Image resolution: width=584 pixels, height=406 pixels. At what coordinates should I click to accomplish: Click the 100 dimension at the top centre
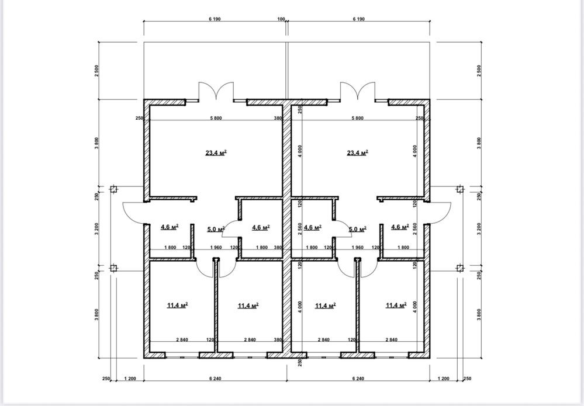(x=281, y=19)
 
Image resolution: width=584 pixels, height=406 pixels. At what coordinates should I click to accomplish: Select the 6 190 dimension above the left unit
(x=215, y=19)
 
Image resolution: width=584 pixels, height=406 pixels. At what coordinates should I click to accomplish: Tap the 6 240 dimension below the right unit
(x=358, y=379)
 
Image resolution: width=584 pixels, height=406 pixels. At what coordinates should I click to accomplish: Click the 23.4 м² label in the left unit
(x=216, y=152)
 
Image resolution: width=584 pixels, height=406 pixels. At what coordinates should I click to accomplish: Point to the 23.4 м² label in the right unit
(x=358, y=152)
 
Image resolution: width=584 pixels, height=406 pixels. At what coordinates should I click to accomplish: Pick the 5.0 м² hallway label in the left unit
(x=216, y=229)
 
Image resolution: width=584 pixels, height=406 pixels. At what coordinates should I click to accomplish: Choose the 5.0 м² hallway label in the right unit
(x=358, y=229)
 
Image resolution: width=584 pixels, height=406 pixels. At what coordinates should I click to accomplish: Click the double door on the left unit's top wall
(x=216, y=91)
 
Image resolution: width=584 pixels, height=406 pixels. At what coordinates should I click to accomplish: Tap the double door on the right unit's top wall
(x=358, y=91)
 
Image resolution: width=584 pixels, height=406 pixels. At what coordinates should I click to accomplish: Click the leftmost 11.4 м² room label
(x=177, y=306)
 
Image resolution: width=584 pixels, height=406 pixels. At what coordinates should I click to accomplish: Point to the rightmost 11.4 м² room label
(x=396, y=306)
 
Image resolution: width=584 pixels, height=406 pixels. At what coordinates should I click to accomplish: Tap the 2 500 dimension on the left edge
(x=97, y=71)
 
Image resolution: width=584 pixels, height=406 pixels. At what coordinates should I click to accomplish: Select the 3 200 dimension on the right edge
(x=479, y=228)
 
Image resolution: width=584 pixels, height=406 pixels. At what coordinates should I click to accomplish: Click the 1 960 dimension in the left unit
(x=216, y=248)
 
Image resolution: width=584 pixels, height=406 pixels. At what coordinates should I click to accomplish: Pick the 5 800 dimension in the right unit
(x=358, y=119)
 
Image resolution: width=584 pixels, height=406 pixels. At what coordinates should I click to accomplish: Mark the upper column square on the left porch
(x=114, y=189)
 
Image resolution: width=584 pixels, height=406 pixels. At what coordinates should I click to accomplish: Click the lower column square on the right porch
(x=460, y=268)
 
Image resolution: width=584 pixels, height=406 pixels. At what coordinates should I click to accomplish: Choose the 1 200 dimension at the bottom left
(x=130, y=379)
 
